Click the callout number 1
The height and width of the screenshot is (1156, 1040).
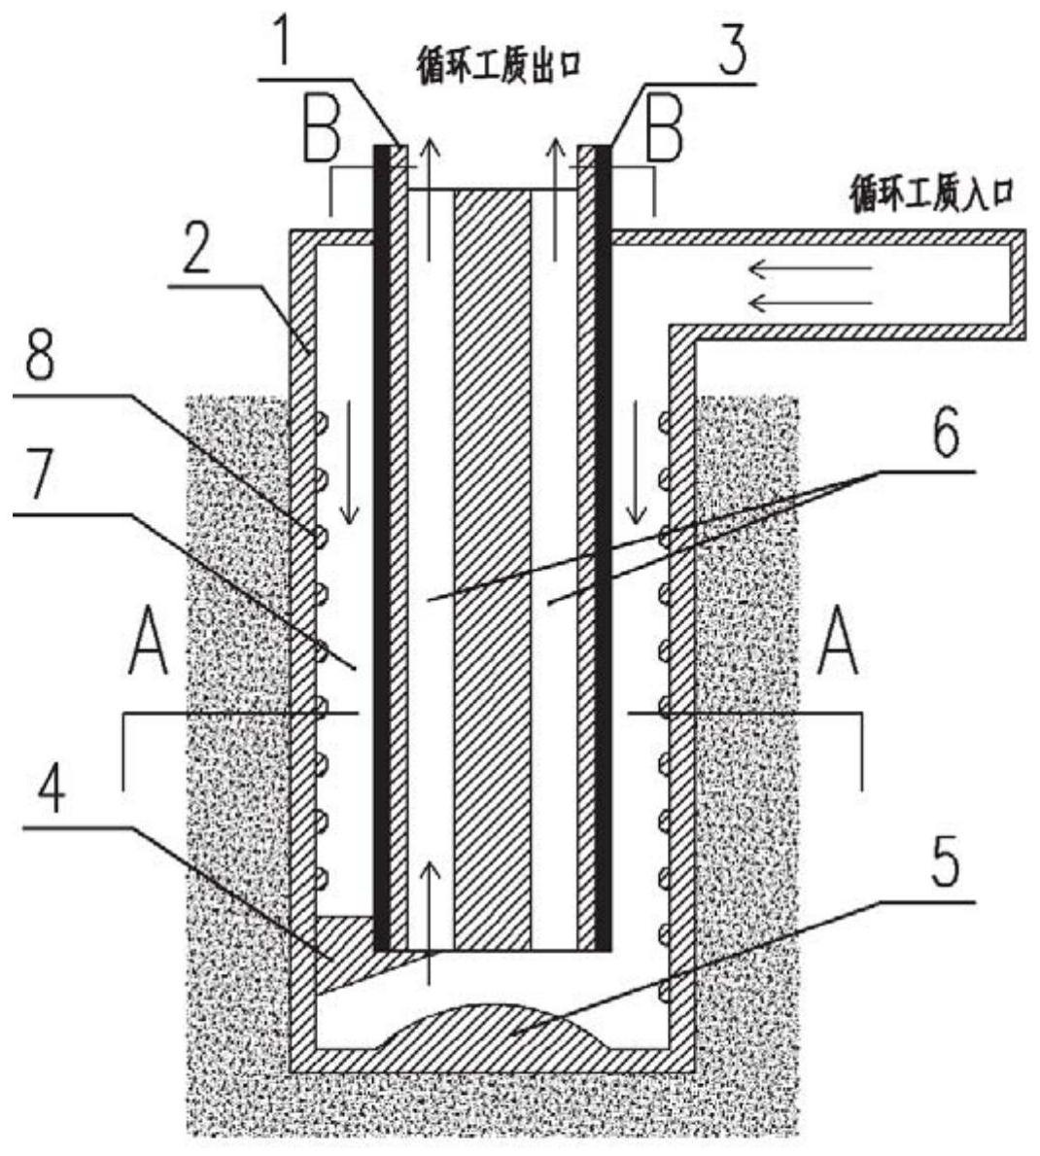(x=282, y=45)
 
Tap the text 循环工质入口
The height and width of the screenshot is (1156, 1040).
(x=932, y=193)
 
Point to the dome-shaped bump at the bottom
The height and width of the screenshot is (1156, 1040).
(x=493, y=1025)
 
